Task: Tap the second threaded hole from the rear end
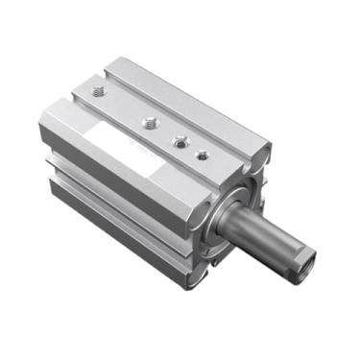coord(149,122)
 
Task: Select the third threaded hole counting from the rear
coord(179,141)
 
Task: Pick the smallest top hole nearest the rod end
coord(201,154)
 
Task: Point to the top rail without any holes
coord(192,106)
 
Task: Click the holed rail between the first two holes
coord(123,108)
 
